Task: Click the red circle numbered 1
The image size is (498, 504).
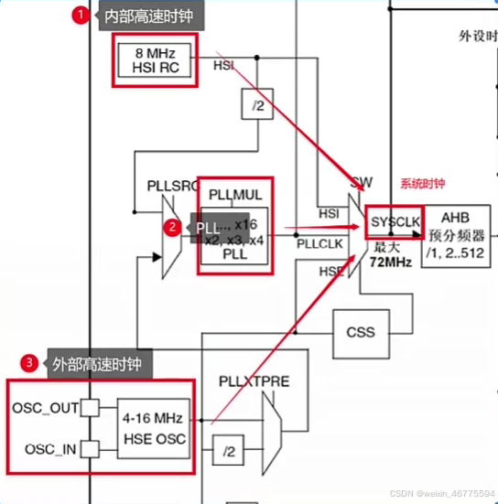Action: click(x=80, y=16)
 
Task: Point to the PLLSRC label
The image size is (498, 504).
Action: click(x=172, y=186)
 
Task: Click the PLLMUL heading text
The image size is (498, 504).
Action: click(x=235, y=194)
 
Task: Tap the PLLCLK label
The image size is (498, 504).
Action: click(x=319, y=244)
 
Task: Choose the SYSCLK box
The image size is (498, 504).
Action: click(x=394, y=223)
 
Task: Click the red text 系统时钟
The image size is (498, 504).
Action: click(x=422, y=183)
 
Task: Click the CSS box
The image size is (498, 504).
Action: click(x=360, y=332)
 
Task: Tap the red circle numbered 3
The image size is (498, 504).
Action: click(x=30, y=363)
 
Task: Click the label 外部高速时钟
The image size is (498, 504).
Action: click(x=98, y=363)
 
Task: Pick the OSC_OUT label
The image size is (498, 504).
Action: click(x=45, y=407)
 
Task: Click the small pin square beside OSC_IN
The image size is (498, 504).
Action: click(x=90, y=449)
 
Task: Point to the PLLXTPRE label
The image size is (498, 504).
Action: click(x=254, y=380)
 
